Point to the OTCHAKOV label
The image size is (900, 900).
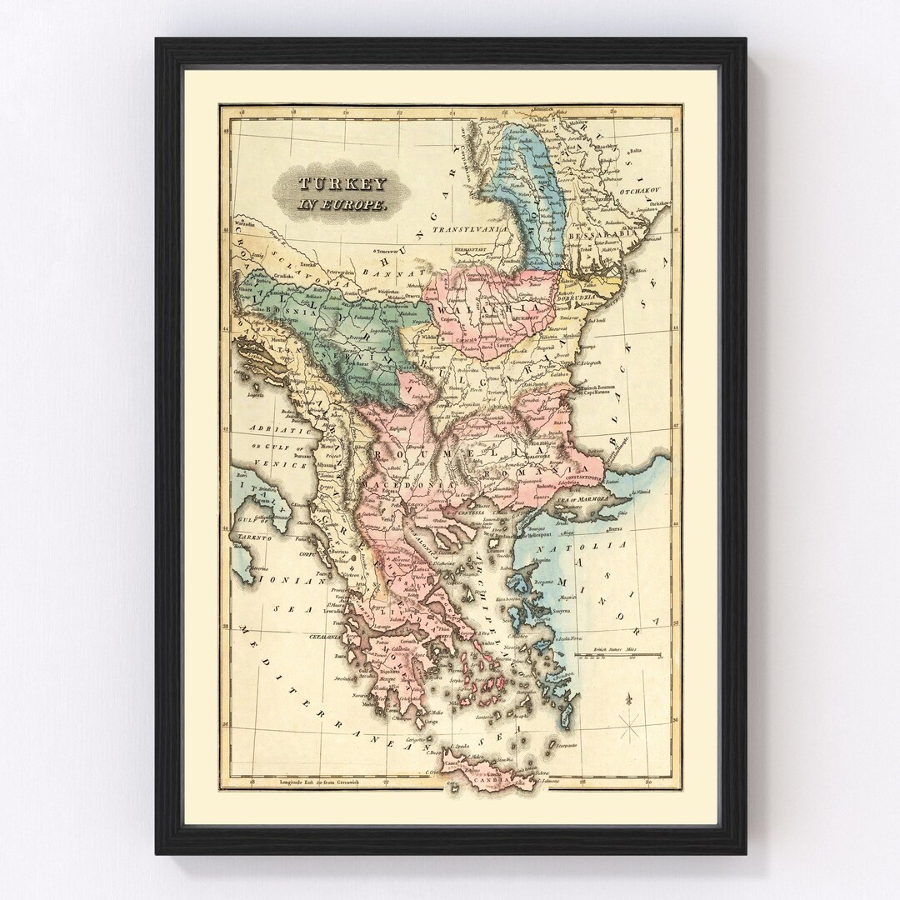coord(639,191)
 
